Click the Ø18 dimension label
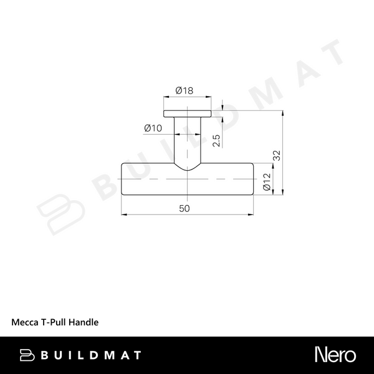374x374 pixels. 185,90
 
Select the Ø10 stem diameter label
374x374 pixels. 153,128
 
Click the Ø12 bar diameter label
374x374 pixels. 266,181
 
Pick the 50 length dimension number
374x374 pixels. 185,209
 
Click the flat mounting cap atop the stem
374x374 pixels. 187,115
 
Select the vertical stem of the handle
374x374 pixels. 187,140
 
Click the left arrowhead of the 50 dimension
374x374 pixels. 123,215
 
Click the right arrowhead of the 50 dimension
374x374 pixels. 251,215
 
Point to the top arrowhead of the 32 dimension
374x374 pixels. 284,114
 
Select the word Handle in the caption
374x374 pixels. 85,323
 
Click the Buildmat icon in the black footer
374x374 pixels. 27,355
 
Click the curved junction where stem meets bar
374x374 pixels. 187,167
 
